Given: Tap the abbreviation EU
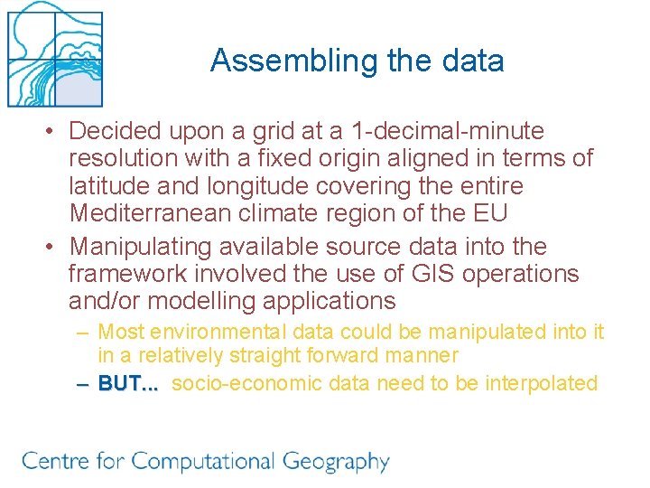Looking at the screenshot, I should [490, 214].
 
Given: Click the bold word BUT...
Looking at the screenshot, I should [125, 383].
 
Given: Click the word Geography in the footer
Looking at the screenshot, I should [335, 463].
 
